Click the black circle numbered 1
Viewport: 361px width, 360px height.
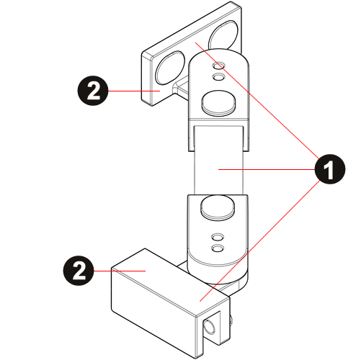click(330, 169)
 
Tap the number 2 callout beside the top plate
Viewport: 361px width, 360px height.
click(93, 91)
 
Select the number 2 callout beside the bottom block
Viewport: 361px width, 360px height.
click(79, 271)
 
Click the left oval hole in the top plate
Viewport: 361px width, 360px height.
click(171, 68)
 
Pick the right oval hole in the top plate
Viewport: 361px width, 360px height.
click(224, 36)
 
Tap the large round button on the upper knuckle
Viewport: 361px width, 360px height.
click(218, 102)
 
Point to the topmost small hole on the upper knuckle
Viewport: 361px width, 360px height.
click(218, 65)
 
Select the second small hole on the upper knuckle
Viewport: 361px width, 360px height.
click(218, 77)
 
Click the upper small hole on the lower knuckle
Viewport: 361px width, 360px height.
click(218, 237)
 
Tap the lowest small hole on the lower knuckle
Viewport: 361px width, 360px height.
click(218, 248)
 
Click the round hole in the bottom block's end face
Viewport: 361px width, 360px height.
click(210, 328)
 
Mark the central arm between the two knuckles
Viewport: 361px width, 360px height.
click(219, 160)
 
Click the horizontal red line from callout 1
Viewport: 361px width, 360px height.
click(267, 169)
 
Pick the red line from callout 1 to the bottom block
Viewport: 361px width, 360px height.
click(259, 240)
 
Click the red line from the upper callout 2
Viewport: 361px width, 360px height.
click(134, 91)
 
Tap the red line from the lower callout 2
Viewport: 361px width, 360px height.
click(120, 271)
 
